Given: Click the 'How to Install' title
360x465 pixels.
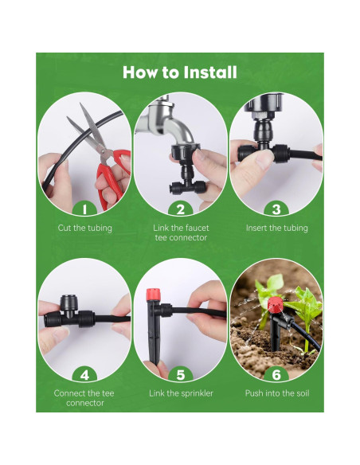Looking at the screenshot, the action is tap(180, 72).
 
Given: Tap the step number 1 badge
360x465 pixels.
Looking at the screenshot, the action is tap(84, 209).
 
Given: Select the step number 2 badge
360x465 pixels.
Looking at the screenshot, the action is tap(181, 209).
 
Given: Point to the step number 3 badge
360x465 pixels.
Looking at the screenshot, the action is tap(276, 209).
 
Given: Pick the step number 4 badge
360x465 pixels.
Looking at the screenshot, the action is tap(84, 375).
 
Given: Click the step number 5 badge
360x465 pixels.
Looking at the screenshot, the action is tap(181, 375).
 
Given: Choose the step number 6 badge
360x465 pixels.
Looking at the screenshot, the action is tap(276, 375).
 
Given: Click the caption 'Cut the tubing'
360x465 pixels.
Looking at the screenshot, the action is tap(84, 228).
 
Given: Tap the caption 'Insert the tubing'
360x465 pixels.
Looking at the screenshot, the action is tap(277, 228).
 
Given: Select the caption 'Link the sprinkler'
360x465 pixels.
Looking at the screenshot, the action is tap(181, 393).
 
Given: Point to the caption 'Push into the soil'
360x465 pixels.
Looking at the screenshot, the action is tap(277, 393).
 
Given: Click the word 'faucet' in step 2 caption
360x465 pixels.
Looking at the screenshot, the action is tap(198, 228).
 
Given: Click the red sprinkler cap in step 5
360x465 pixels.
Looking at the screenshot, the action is tap(153, 294).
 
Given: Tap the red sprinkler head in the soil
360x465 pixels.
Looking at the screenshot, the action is tap(276, 305).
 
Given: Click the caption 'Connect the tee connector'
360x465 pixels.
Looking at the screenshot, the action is tap(84, 398).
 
